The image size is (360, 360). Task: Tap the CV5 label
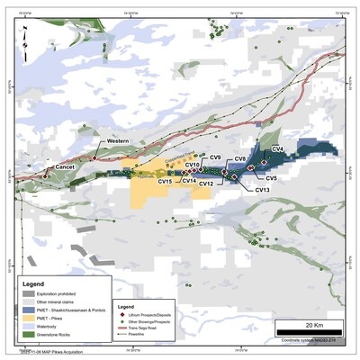tap(272, 179)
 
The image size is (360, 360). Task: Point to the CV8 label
tap(240, 159)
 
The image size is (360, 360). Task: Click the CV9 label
tap(214, 157)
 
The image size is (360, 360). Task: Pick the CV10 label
tap(193, 165)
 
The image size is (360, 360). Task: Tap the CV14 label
tap(188, 181)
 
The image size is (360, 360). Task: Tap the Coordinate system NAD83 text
tap(311, 338)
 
